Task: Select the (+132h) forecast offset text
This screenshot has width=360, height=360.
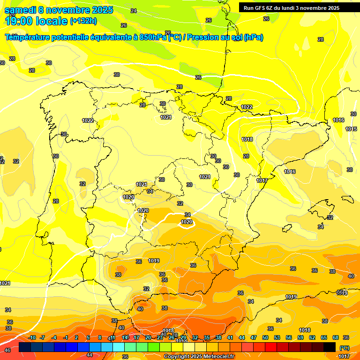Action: tap(83, 21)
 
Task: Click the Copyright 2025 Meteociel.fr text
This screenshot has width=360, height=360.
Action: tap(199, 357)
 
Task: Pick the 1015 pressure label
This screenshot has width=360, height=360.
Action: tap(351, 129)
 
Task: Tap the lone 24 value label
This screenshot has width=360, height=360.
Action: tap(134, 11)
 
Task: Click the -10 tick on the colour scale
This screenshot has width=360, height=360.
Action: tap(32, 337)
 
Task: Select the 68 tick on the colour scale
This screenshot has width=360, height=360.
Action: tap(336, 337)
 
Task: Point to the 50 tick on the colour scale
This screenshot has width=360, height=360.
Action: tap(265, 337)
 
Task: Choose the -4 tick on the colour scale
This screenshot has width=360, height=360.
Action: tap(54, 337)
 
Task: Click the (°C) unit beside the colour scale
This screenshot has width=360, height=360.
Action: tap(344, 348)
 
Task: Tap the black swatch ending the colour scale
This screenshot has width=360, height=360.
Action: tap(330, 347)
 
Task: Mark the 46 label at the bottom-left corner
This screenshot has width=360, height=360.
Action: tap(7, 350)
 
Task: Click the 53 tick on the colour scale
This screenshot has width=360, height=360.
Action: tap(277, 337)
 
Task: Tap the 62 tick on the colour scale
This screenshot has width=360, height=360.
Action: tap(312, 337)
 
